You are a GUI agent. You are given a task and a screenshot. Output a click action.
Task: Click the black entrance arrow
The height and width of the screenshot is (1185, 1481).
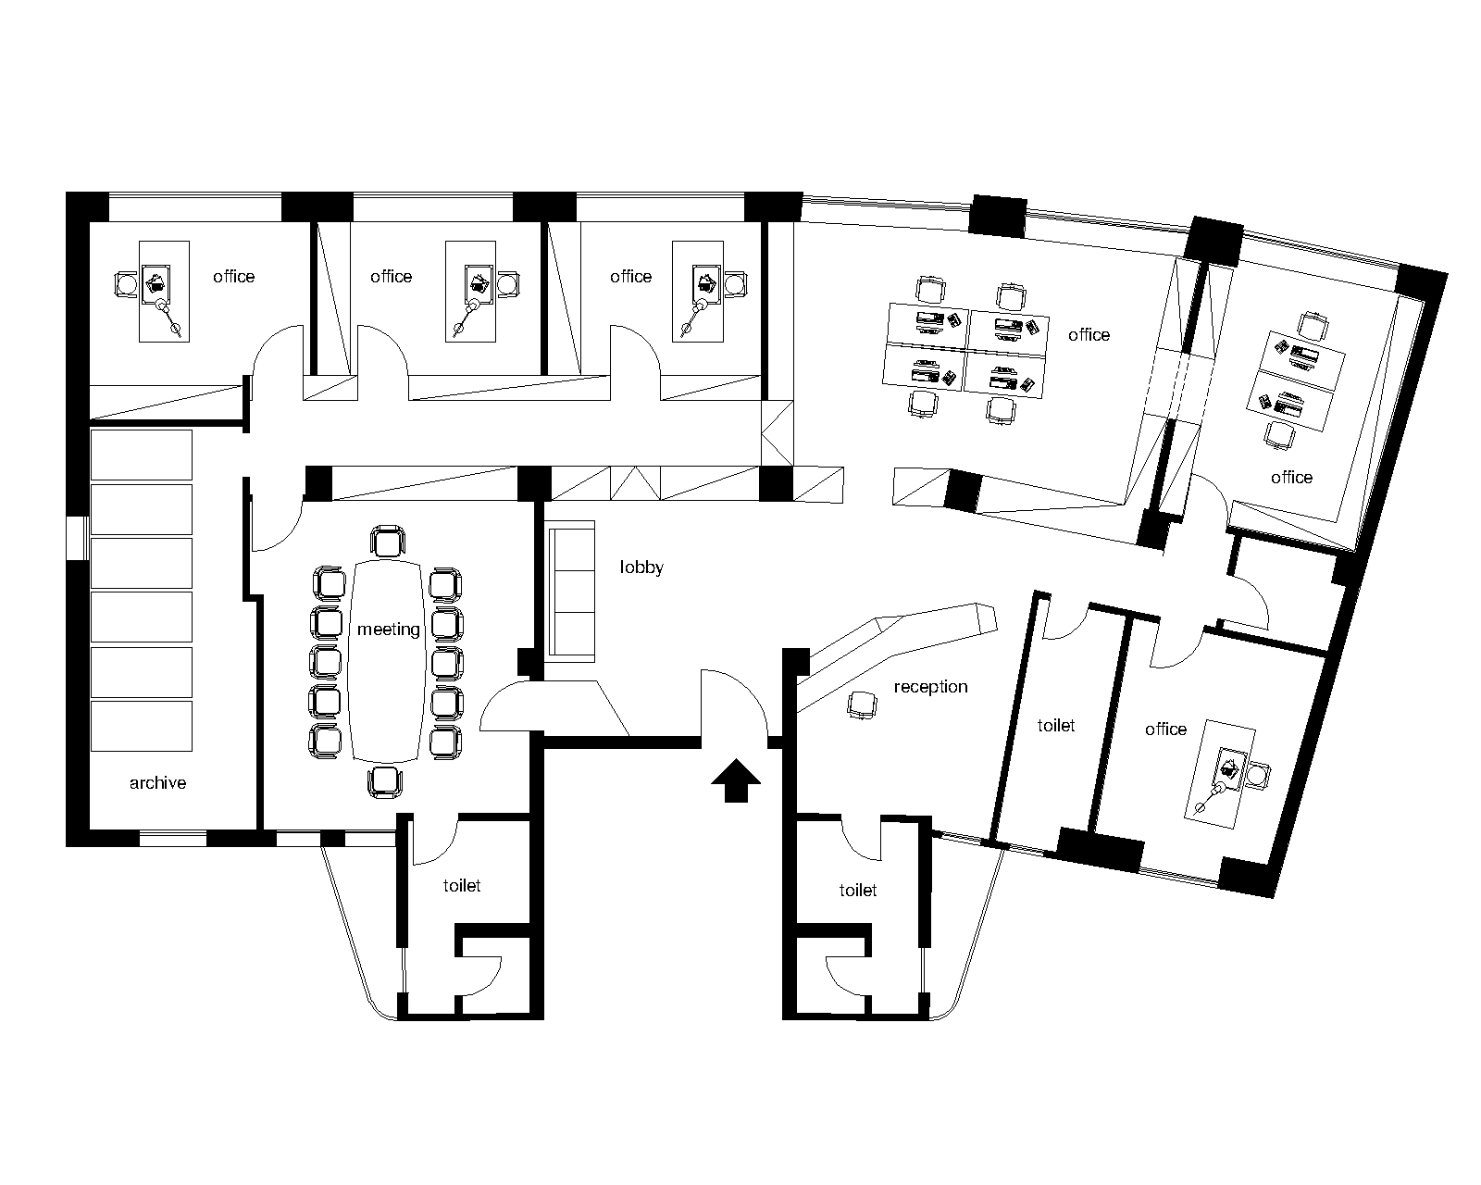tap(736, 780)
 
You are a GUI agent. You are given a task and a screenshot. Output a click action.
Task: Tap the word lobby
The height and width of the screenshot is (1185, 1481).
tap(641, 568)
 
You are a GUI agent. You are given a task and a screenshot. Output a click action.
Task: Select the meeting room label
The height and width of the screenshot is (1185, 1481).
tap(388, 630)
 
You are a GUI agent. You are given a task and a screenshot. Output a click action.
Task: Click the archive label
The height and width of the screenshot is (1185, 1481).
tap(157, 783)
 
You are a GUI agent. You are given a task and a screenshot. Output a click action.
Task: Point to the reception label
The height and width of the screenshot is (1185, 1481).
tap(930, 687)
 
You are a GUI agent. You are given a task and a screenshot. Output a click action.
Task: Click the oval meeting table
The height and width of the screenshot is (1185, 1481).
tap(387, 662)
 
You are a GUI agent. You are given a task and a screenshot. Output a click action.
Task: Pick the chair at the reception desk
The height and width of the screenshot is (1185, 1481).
tap(863, 705)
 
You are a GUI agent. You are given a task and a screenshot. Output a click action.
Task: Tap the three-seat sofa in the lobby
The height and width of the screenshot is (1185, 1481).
tap(570, 592)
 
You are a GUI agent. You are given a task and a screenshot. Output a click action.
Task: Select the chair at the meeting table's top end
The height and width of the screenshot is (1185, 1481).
tap(388, 542)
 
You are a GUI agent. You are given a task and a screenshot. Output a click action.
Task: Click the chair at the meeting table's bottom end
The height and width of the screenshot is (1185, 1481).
tap(385, 782)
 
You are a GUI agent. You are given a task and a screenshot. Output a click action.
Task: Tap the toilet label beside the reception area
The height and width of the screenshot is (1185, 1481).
tap(1056, 725)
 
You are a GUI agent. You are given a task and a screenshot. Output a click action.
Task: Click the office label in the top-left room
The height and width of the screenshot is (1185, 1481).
tap(234, 276)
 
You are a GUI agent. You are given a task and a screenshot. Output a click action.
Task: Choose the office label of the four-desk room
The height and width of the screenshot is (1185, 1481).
tap(1089, 334)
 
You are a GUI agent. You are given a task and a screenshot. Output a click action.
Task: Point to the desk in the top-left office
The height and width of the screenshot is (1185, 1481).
tap(165, 292)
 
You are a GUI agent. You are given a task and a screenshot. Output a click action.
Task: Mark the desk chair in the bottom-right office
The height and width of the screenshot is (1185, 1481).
tap(1257, 776)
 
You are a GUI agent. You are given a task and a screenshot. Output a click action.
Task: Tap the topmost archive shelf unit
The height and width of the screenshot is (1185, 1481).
tap(142, 455)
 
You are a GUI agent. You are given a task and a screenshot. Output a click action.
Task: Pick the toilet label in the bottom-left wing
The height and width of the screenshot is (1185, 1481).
tap(461, 885)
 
